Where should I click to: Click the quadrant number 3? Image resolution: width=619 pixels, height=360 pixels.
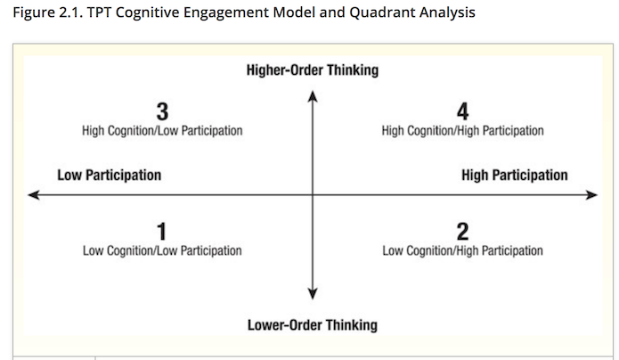pyautogui.click(x=162, y=111)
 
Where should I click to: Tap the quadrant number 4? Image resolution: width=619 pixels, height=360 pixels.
pyautogui.click(x=462, y=111)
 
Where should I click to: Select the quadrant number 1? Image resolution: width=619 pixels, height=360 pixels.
pyautogui.click(x=161, y=232)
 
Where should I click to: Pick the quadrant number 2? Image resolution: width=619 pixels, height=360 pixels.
pyautogui.click(x=462, y=232)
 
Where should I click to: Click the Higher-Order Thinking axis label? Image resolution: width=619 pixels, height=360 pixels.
pyautogui.click(x=313, y=70)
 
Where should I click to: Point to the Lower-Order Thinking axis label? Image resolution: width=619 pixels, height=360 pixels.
pyautogui.click(x=313, y=325)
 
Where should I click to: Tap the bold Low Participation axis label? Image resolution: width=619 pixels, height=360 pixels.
pyautogui.click(x=109, y=175)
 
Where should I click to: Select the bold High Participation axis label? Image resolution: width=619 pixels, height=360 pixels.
pyautogui.click(x=515, y=175)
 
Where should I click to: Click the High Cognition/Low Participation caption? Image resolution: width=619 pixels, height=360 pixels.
pyautogui.click(x=162, y=131)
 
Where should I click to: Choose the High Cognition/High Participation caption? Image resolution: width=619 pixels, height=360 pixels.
pyautogui.click(x=462, y=131)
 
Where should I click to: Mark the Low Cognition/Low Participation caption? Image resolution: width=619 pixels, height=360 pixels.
pyautogui.click(x=162, y=250)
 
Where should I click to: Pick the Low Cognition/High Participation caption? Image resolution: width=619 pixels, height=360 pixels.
pyautogui.click(x=462, y=250)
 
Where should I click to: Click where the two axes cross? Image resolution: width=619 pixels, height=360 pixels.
pyautogui.click(x=313, y=195)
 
